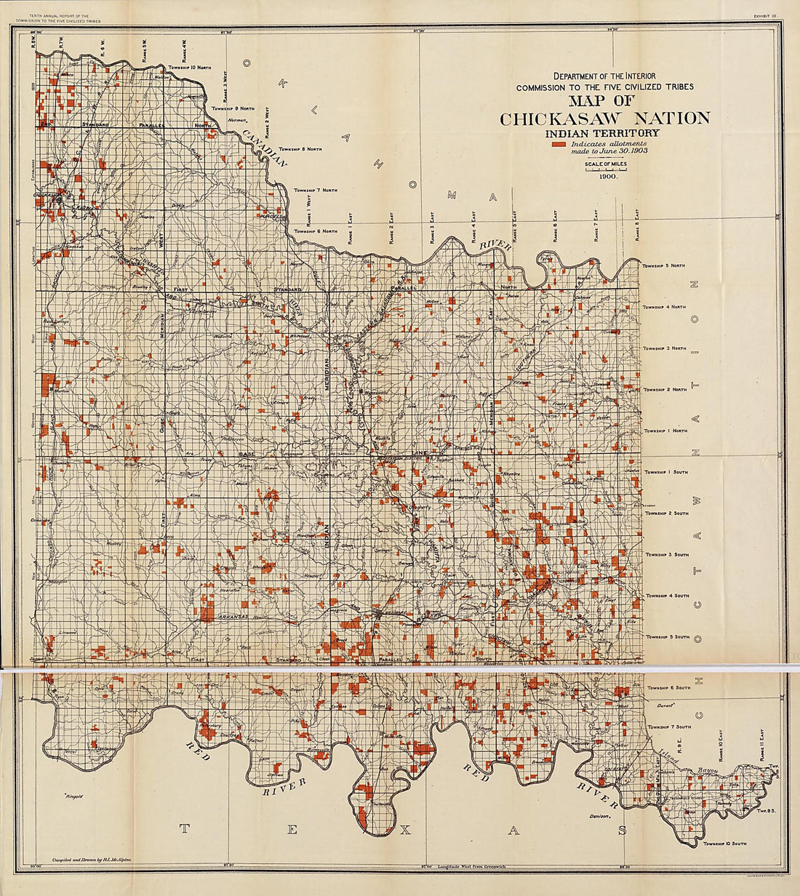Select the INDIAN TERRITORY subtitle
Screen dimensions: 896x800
[x=604, y=133]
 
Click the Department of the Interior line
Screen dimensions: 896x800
[x=604, y=76]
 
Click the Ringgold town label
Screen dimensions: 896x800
[x=73, y=796]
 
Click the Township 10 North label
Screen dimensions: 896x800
[x=190, y=68]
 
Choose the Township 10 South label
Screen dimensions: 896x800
[x=725, y=844]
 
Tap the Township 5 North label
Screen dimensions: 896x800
[x=664, y=266]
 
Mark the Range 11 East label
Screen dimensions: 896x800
[x=761, y=745]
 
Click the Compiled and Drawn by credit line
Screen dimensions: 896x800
[x=92, y=859]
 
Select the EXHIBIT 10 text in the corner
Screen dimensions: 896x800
[x=765, y=15]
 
